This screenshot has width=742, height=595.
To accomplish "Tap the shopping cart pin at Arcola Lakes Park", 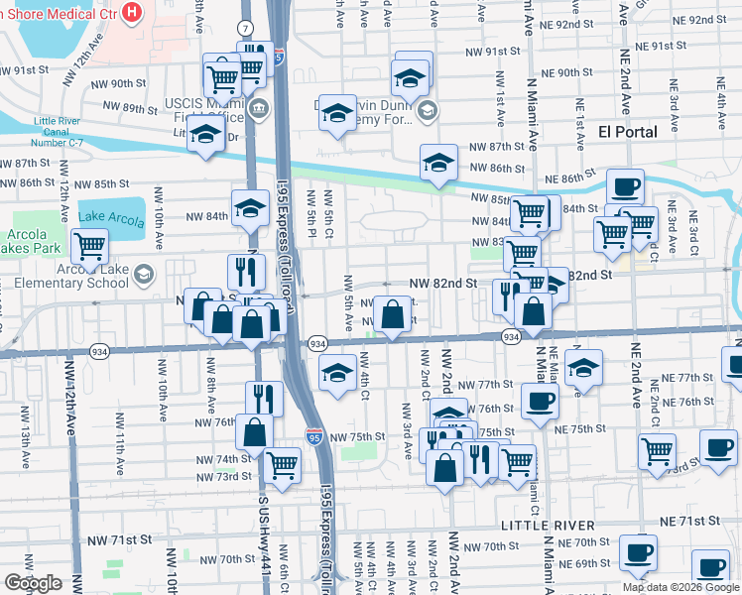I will coord(89,244).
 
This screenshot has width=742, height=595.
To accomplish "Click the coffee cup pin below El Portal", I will coord(625,186).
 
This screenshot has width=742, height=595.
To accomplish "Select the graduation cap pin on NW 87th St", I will coord(437,163).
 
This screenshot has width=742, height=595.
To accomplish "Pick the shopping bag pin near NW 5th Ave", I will coord(394,315).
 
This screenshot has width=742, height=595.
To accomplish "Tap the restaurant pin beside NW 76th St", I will coord(264,399).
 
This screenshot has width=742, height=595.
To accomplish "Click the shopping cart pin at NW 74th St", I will coord(283,463).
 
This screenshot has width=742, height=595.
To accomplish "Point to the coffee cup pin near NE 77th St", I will coord(540,402).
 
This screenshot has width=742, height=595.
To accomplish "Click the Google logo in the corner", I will coord(34,583).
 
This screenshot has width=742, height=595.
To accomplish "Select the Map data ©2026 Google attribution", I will coord(680,587).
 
